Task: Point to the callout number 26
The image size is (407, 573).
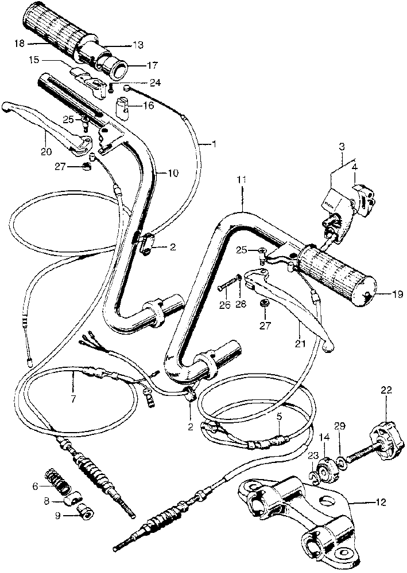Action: coord(225,305)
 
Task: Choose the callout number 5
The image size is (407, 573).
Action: coord(280,417)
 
